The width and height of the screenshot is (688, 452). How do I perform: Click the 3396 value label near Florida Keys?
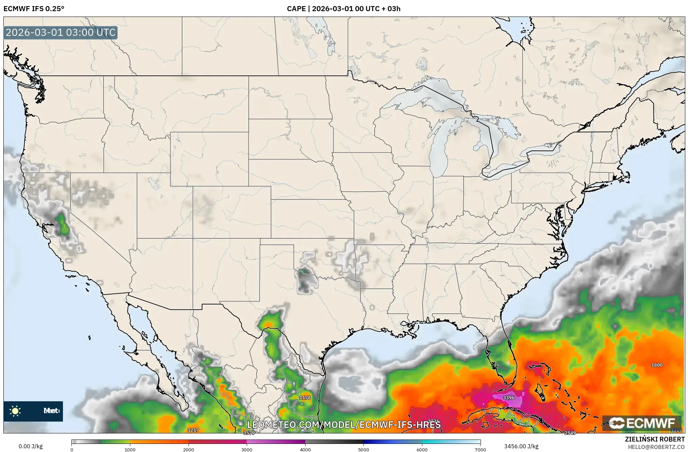(x=509, y=398)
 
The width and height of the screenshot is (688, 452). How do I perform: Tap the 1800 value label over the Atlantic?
(x=657, y=365)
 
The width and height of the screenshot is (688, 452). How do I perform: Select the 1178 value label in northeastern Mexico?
(x=305, y=398)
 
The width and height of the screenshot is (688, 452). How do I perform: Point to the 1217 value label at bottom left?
(x=193, y=430)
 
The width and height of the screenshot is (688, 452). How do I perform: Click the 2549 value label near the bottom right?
(x=570, y=433)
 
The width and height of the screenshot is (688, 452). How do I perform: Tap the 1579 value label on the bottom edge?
(x=249, y=433)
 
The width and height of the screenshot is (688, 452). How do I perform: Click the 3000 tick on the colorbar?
(x=247, y=449)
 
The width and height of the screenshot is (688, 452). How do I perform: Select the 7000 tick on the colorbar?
(x=480, y=449)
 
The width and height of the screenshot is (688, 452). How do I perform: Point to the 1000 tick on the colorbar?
(x=130, y=449)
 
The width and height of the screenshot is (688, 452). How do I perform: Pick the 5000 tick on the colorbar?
(x=363, y=449)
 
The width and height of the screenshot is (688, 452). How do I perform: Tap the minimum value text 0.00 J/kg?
(x=30, y=446)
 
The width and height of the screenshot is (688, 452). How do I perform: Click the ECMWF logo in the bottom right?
(x=642, y=423)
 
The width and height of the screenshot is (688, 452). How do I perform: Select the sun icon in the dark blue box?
(x=15, y=411)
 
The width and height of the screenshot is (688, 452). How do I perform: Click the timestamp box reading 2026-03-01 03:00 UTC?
(x=61, y=32)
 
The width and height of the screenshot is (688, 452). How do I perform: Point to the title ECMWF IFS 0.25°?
(x=34, y=8)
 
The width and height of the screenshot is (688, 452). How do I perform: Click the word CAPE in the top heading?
(x=296, y=8)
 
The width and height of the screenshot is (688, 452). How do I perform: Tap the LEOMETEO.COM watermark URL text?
(x=343, y=425)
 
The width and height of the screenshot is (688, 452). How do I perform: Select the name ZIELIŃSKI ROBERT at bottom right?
(x=654, y=439)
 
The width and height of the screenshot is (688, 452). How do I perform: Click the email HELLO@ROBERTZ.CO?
(x=656, y=447)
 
